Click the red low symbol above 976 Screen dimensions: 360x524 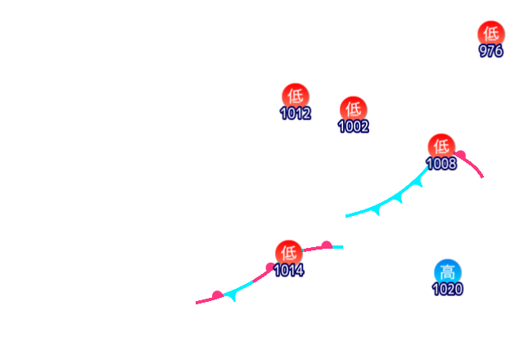click(x=490, y=33)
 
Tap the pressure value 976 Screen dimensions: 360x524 click(x=490, y=51)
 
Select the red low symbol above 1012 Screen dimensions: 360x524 click(x=295, y=96)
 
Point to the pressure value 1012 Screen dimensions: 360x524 click(x=295, y=113)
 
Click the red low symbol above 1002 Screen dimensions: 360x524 click(x=352, y=108)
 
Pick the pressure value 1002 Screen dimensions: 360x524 click(x=353, y=126)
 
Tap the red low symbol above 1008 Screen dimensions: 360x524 click(x=440, y=146)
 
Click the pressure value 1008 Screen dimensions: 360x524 click(x=441, y=164)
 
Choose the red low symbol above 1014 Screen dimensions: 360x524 click(x=288, y=251)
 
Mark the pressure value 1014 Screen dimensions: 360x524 click(x=288, y=269)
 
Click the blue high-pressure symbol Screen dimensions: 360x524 click(x=447, y=272)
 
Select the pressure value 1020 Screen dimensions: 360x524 click(x=447, y=289)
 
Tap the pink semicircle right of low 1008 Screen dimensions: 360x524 click(x=461, y=155)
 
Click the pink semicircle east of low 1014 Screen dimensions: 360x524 click(x=326, y=244)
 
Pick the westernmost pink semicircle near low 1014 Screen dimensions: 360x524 click(x=217, y=295)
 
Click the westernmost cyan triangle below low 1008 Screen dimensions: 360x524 click(x=377, y=209)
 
